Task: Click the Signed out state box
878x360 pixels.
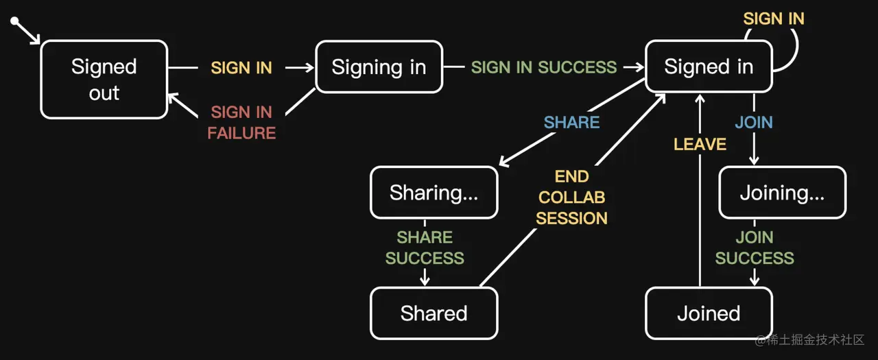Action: point(104,80)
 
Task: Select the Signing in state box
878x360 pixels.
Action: point(379,67)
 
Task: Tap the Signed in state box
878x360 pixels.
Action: point(709,67)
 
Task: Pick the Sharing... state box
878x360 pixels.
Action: point(434,193)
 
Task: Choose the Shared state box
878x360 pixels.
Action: point(434,313)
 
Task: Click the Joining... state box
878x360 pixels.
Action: point(782,193)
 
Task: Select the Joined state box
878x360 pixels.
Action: point(709,313)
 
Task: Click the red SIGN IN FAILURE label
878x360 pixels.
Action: point(241,122)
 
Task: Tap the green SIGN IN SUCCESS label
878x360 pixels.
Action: point(544,67)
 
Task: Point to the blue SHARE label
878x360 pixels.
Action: point(571,122)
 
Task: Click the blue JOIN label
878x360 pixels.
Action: point(754,122)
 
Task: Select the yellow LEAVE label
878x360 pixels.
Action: point(700,144)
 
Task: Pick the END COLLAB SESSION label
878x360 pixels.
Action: point(571,197)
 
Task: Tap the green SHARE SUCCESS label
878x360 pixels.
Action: point(425,248)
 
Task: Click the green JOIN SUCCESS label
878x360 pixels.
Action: point(755,248)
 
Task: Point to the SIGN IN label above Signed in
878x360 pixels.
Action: point(774,19)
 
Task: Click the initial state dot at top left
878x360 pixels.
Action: point(14,22)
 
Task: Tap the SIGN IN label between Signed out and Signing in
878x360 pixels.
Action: point(241,67)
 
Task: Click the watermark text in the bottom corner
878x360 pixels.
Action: point(809,340)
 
